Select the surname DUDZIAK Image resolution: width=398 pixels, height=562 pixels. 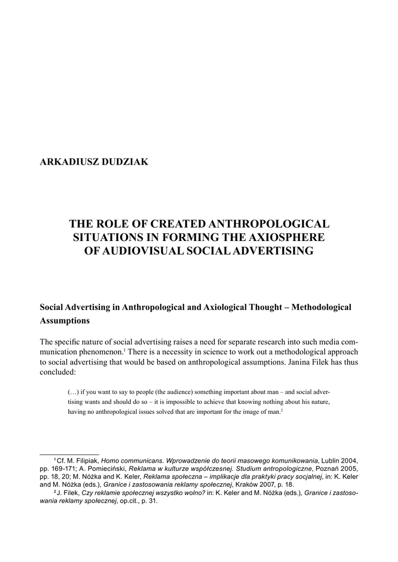tap(126, 162)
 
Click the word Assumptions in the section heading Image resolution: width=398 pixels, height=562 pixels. tap(65, 321)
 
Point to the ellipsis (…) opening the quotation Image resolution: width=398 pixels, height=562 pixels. tap(74, 392)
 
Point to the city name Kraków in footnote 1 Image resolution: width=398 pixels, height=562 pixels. tap(249, 485)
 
